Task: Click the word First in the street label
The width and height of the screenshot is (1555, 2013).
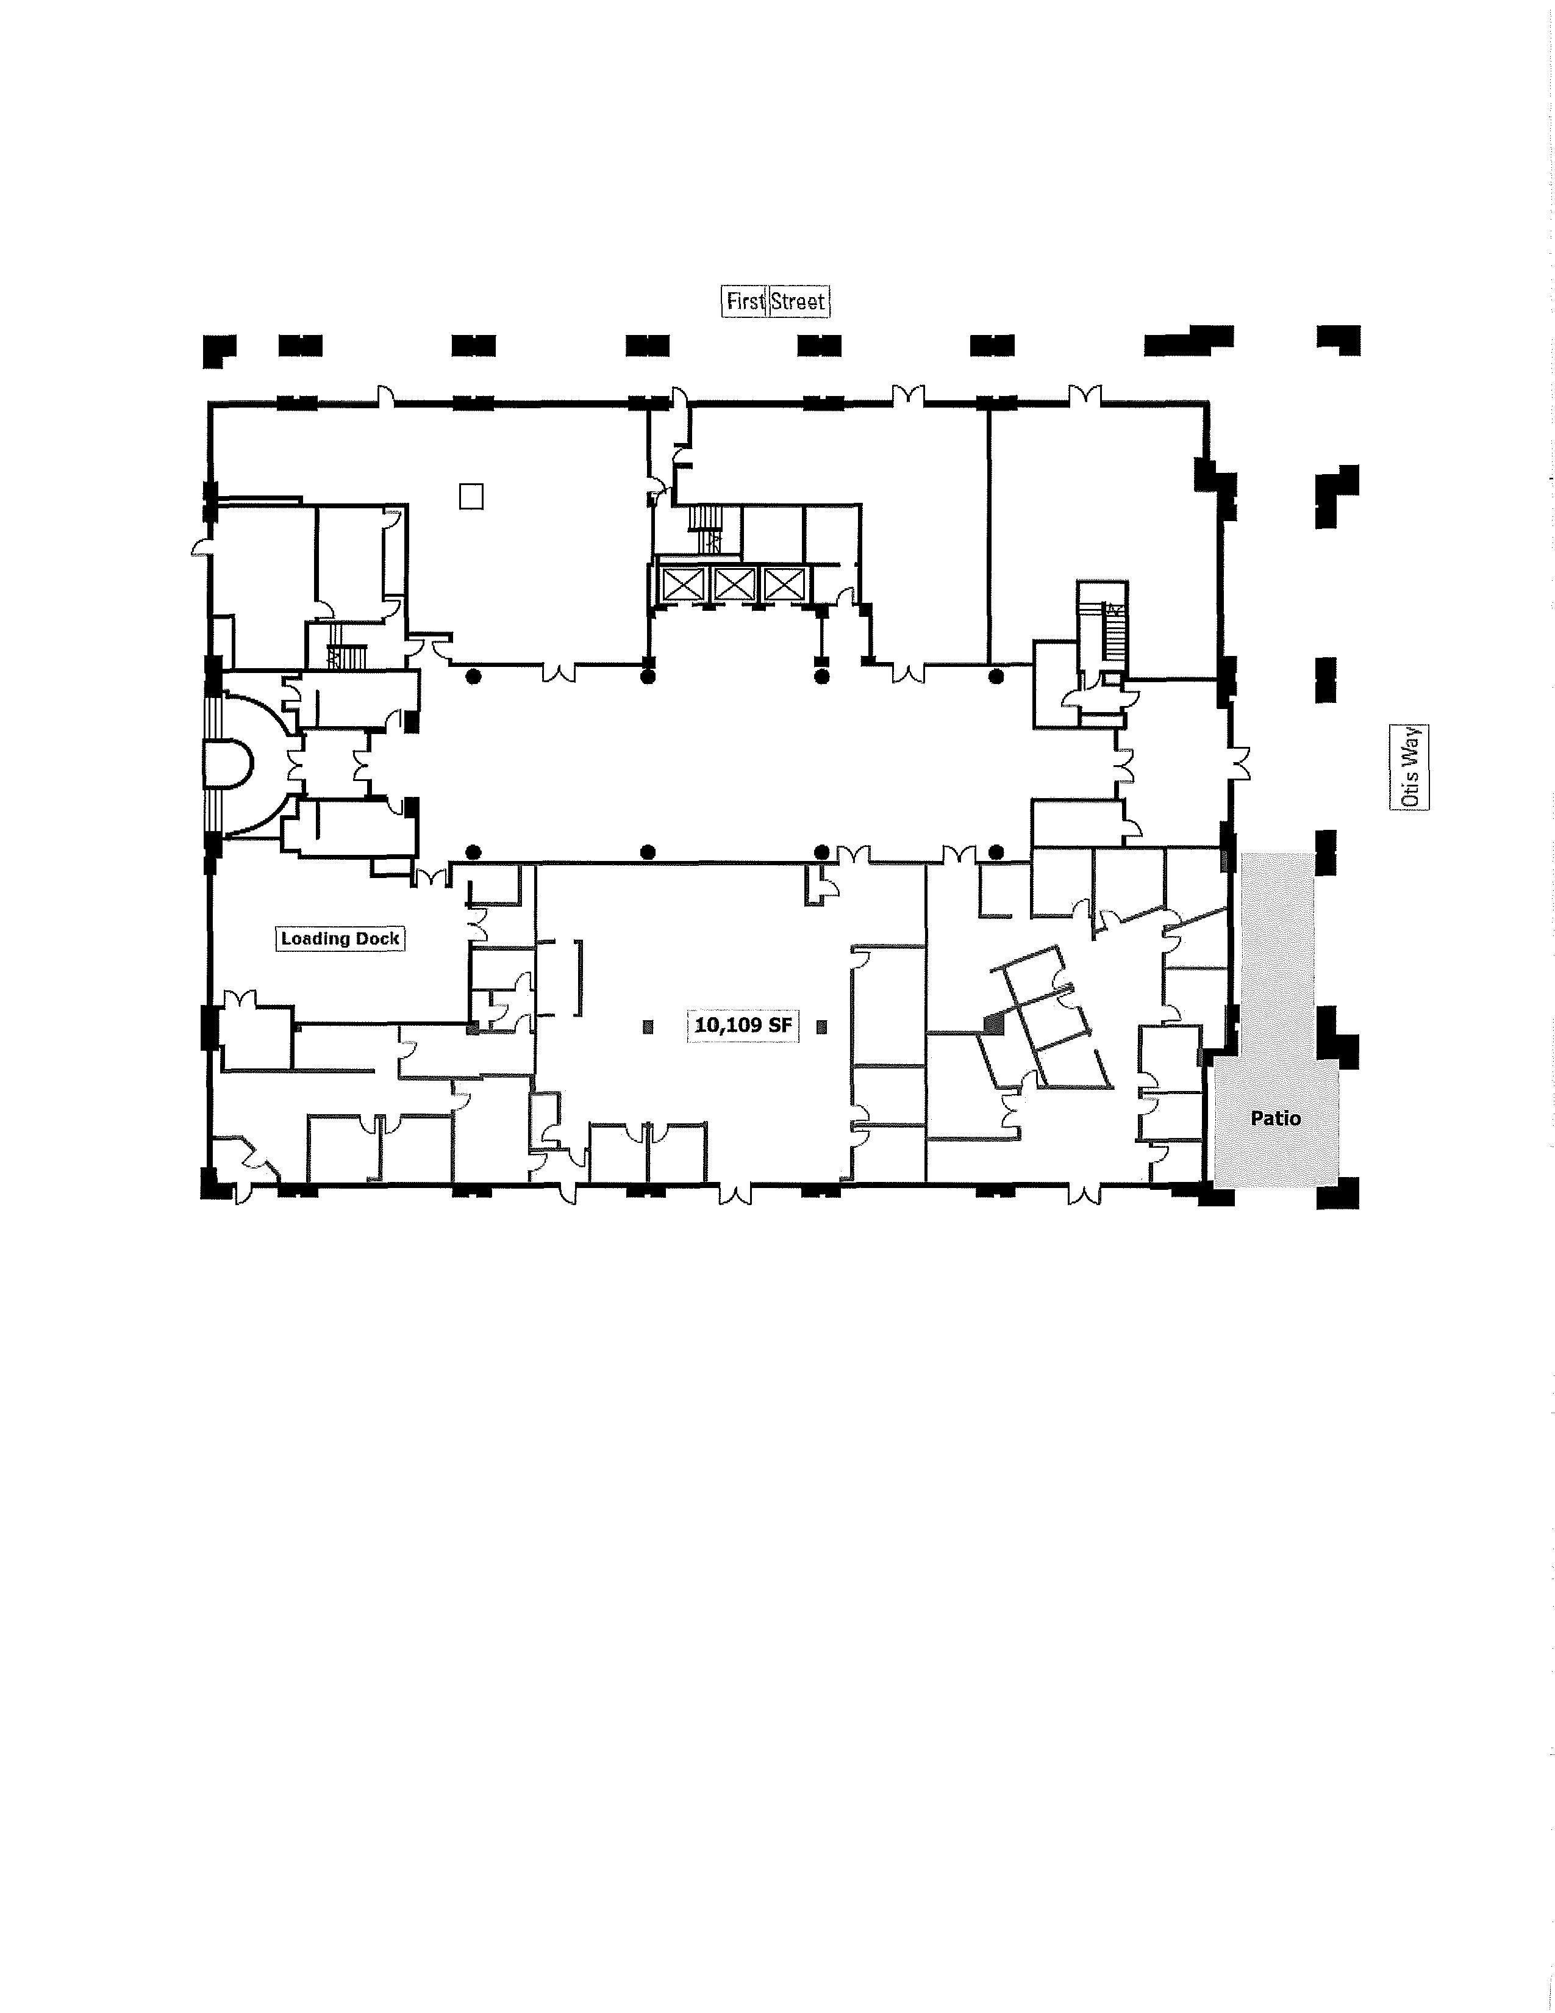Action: tap(745, 301)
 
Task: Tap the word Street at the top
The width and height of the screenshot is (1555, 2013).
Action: tap(798, 301)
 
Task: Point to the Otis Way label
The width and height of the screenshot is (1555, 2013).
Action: tap(1409, 767)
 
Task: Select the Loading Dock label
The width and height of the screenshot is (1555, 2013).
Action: tap(340, 938)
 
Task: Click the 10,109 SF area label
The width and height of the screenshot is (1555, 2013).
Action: tap(743, 1025)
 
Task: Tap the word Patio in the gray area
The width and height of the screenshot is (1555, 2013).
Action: tap(1276, 1118)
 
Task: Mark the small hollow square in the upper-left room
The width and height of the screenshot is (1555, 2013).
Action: tap(471, 496)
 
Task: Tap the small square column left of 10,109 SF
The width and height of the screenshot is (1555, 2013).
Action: tap(649, 1026)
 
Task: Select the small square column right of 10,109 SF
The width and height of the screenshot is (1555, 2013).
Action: tap(822, 1026)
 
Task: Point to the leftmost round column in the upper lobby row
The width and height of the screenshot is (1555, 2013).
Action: tap(473, 677)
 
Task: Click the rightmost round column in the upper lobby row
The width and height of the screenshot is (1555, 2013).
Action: tap(996, 677)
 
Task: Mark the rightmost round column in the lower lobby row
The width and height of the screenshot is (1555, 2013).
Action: tap(996, 851)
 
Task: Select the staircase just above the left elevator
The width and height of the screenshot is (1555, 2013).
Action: tap(707, 530)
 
